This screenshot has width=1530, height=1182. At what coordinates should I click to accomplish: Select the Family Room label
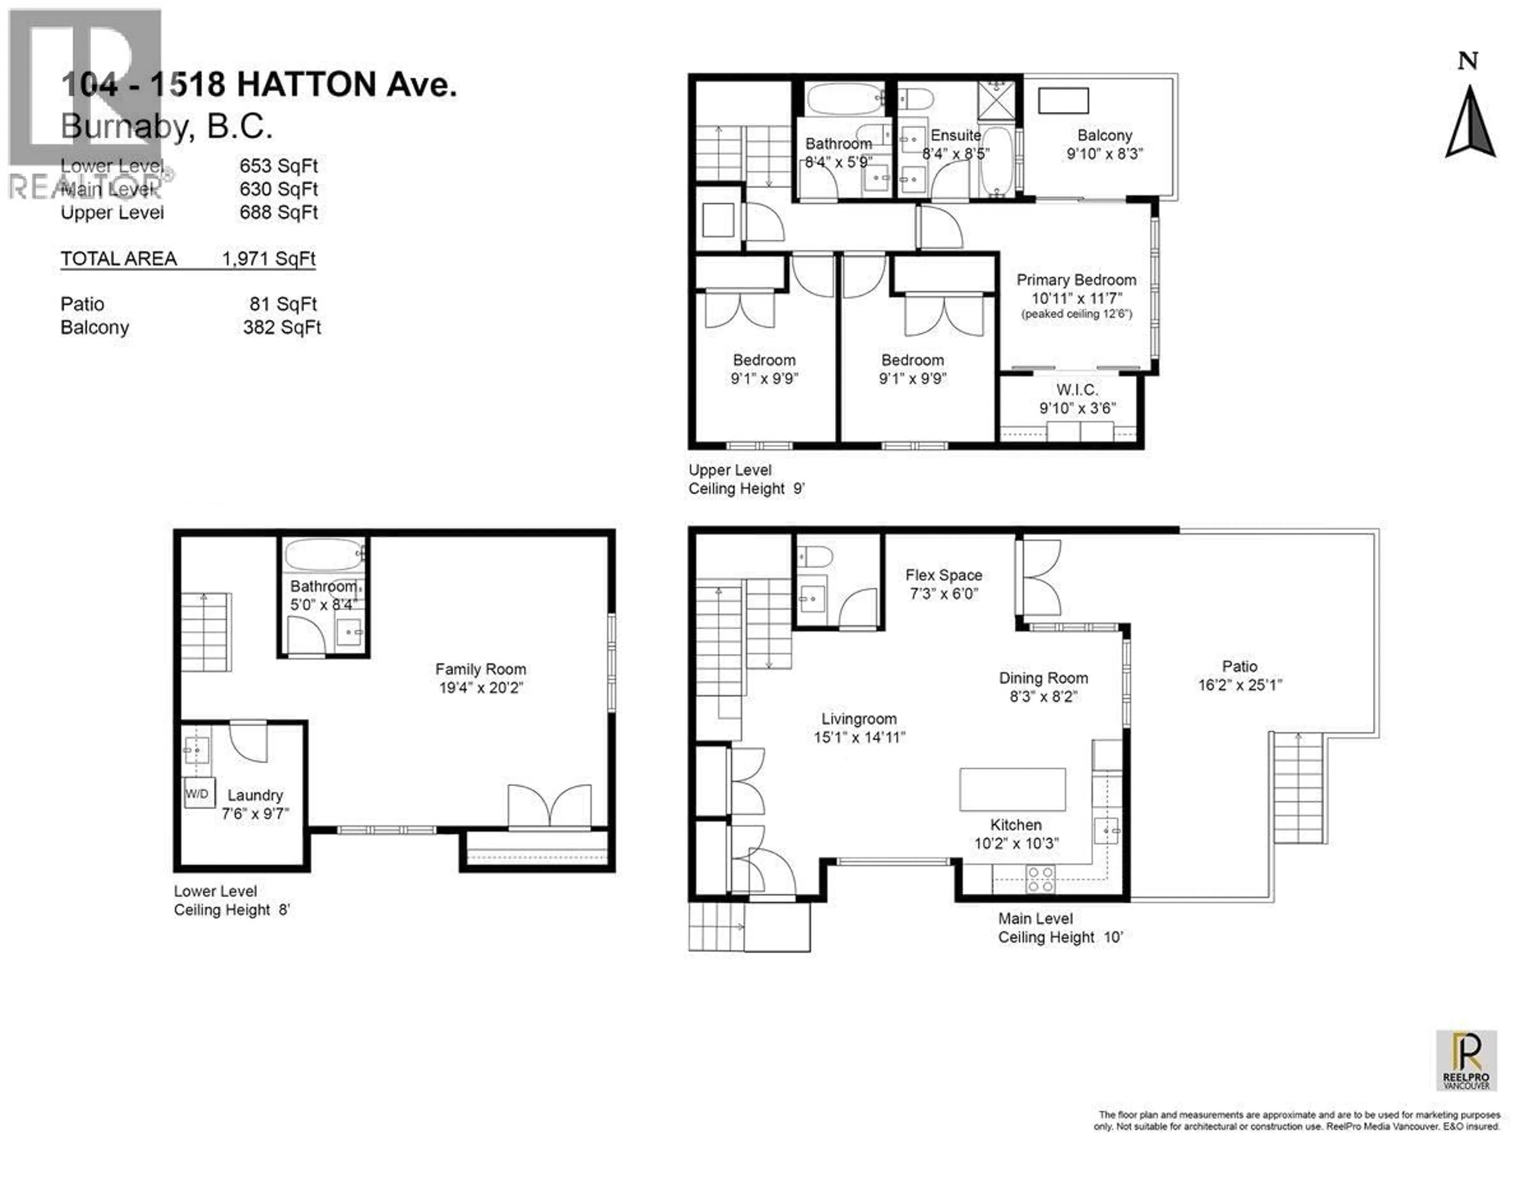pyautogui.click(x=481, y=669)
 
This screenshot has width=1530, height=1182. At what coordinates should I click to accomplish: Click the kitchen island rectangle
pyautogui.click(x=1012, y=789)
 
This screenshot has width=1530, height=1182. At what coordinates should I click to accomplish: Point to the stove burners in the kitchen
pyautogui.click(x=1040, y=879)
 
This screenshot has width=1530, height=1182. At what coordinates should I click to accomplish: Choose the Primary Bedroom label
pyautogui.click(x=1076, y=280)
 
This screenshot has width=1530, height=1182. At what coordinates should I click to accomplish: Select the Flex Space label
pyautogui.click(x=943, y=575)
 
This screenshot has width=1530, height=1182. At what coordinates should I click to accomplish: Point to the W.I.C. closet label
pyautogui.click(x=1077, y=390)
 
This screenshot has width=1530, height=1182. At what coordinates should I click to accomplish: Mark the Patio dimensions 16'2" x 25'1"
pyautogui.click(x=1240, y=685)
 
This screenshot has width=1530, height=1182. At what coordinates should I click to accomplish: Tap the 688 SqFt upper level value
pyautogui.click(x=278, y=212)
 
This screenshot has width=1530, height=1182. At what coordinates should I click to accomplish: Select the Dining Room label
pyautogui.click(x=1043, y=678)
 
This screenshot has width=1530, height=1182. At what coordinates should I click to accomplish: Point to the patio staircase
pyautogui.click(x=1298, y=788)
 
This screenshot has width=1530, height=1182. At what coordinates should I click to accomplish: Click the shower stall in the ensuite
pyautogui.click(x=995, y=101)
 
